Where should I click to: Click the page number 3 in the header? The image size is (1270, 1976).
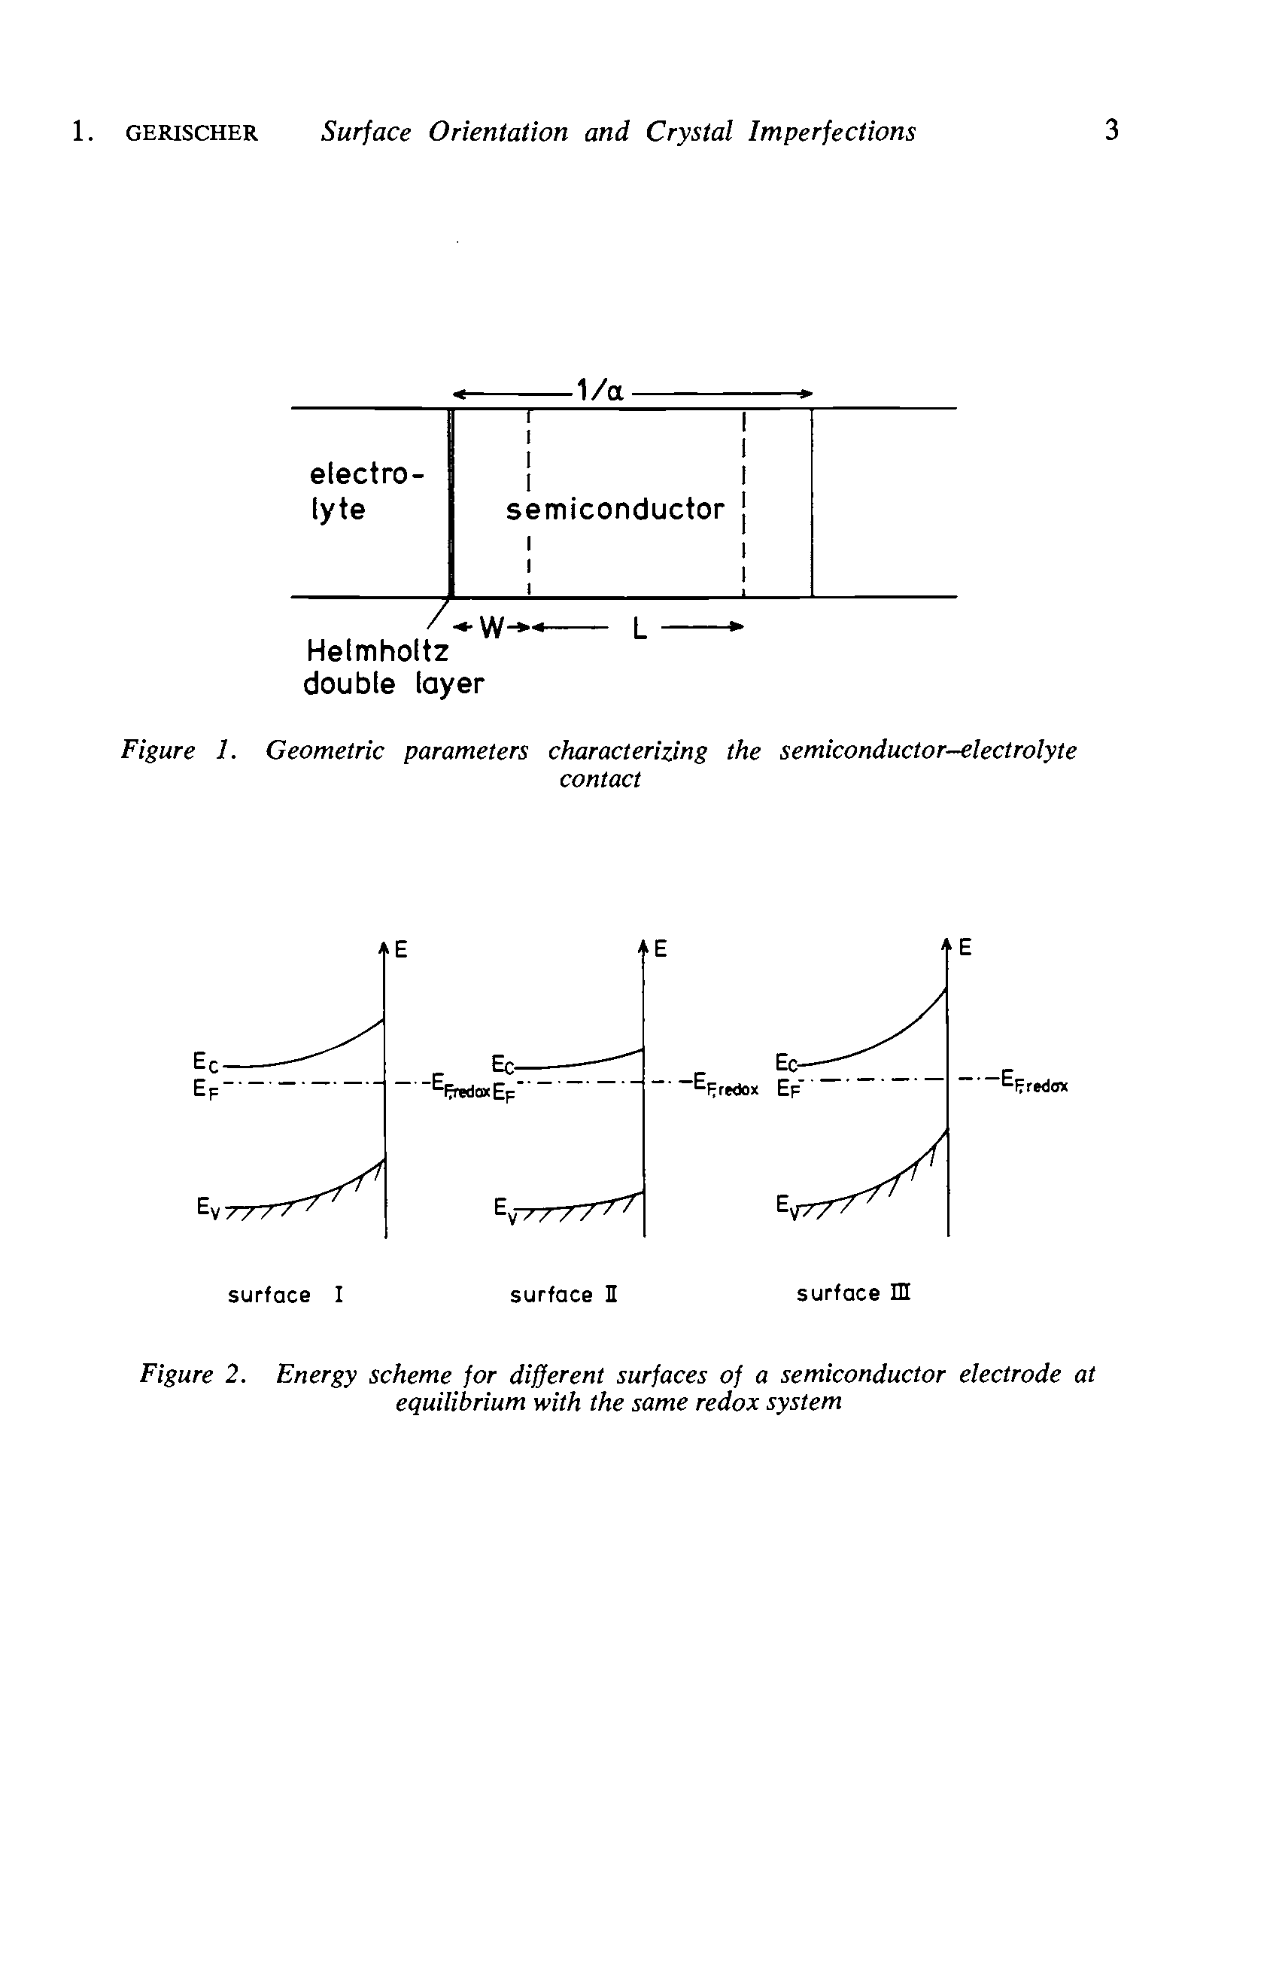tap(1112, 130)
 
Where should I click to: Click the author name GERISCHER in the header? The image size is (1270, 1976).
tap(191, 132)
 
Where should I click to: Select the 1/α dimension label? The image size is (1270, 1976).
tap(600, 389)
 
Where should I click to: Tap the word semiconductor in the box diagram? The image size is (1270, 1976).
tap(615, 509)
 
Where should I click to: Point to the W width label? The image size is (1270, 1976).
tap(491, 629)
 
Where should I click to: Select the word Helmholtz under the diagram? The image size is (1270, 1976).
tap(378, 652)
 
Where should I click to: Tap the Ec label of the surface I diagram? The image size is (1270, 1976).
tap(205, 1061)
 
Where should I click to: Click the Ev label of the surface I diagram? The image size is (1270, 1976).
tap(208, 1208)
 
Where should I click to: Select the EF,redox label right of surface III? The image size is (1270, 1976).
tap(1035, 1082)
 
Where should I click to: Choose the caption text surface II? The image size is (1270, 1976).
tap(564, 1296)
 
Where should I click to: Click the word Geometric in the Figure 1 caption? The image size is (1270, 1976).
tap(325, 751)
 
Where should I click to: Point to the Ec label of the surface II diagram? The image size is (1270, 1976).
tap(503, 1063)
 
